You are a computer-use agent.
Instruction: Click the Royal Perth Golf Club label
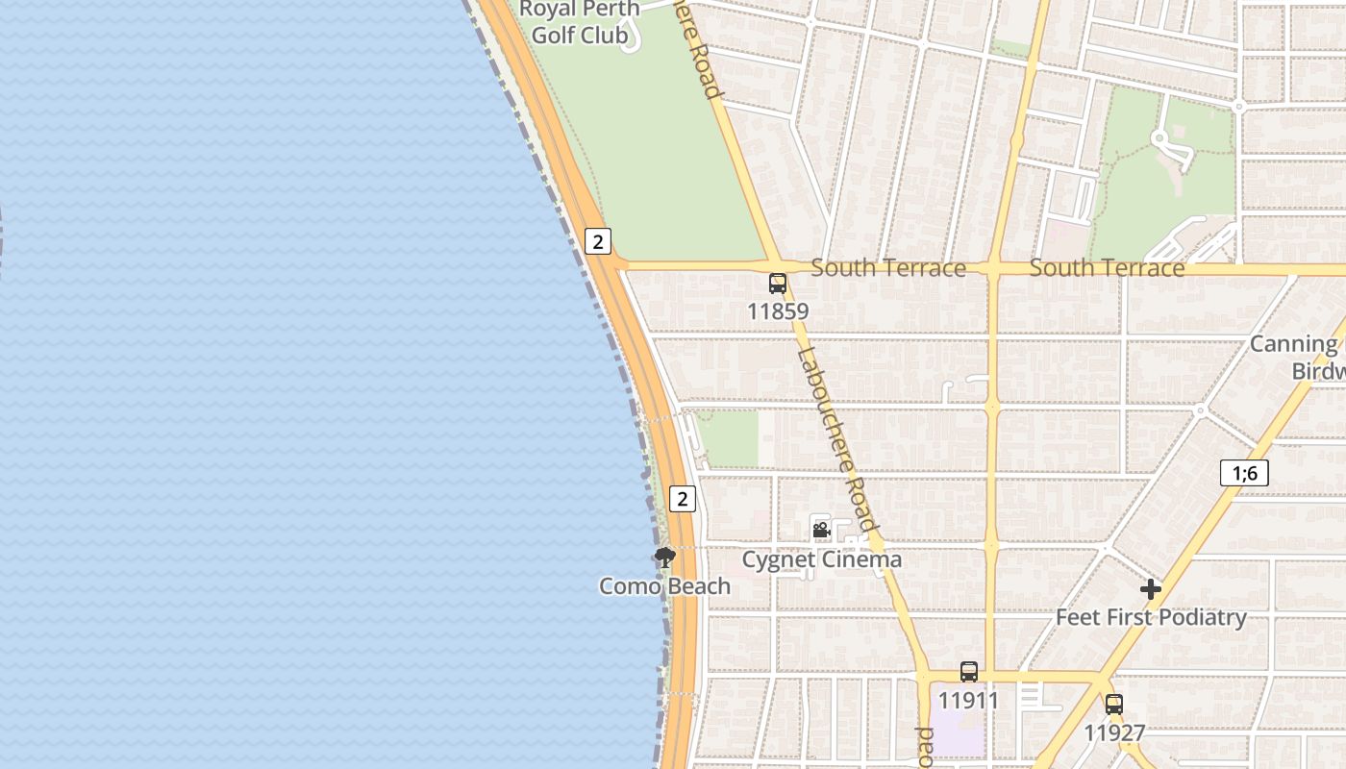coord(579,22)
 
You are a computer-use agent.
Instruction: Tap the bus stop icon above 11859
coord(778,284)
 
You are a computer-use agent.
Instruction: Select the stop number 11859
coord(778,311)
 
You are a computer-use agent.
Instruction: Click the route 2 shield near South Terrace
coord(598,241)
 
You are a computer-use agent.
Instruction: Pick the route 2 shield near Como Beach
coord(683,499)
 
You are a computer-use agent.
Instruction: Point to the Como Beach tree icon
coord(664,557)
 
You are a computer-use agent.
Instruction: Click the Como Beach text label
coord(664,585)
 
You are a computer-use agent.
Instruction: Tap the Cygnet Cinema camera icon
coord(821,530)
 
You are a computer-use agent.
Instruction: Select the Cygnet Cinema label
coord(822,559)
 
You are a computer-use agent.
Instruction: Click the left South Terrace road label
coord(887,268)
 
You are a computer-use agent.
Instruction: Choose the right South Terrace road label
coord(1107,268)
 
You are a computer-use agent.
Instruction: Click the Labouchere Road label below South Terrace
coord(835,437)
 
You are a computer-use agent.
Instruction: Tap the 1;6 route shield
coord(1244,473)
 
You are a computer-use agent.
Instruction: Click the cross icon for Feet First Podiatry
coord(1151,589)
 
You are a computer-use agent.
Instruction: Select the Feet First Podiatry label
coord(1151,617)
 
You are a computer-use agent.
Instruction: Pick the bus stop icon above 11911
coord(969,672)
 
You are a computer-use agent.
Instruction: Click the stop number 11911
coord(969,701)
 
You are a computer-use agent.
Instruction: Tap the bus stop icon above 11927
coord(1114,705)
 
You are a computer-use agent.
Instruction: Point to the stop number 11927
coord(1114,733)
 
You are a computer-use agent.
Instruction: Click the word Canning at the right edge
coord(1293,344)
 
